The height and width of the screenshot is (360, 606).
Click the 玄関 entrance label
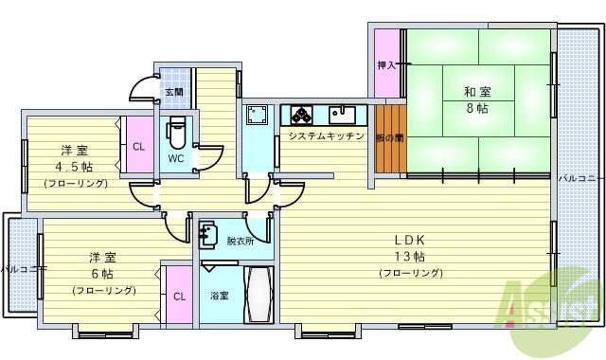(x=173, y=93)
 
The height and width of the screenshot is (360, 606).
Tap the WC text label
(x=175, y=158)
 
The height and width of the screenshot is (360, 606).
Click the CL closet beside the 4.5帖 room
(x=138, y=147)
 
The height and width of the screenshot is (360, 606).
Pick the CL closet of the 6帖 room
(x=179, y=296)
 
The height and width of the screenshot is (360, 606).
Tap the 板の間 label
(x=389, y=137)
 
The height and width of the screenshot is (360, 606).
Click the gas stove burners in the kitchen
(x=303, y=116)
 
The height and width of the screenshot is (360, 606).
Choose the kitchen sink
(x=343, y=116)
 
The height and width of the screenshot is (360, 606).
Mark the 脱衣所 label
(x=240, y=241)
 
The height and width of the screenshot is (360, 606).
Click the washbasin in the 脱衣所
(x=211, y=233)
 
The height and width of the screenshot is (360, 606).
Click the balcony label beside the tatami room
(x=580, y=177)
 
